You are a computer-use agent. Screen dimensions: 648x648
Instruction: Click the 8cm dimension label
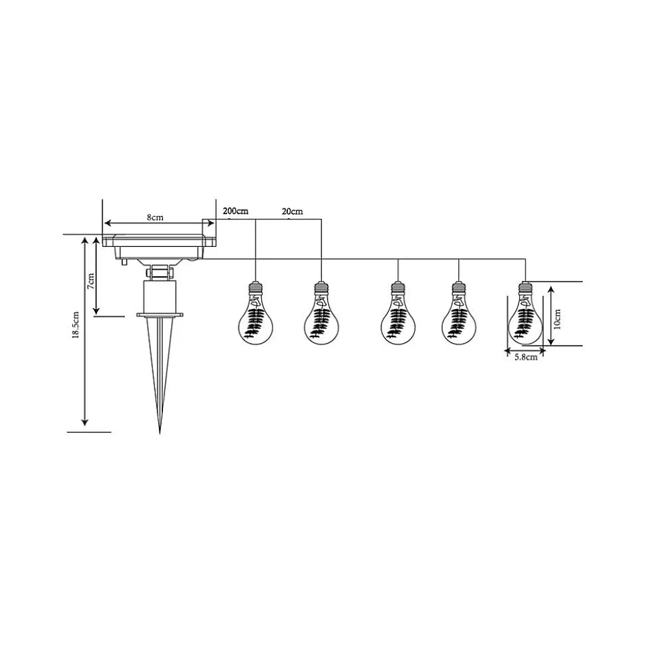pyautogui.click(x=155, y=218)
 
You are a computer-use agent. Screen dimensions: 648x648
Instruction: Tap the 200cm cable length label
pyautogui.click(x=235, y=211)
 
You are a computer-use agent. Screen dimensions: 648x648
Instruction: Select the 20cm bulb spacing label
pyautogui.click(x=292, y=212)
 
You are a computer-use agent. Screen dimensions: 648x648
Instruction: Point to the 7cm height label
pyautogui.click(x=92, y=281)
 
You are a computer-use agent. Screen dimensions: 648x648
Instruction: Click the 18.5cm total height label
pyautogui.click(x=75, y=325)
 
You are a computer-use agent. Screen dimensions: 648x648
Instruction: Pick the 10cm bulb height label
pyautogui.click(x=557, y=318)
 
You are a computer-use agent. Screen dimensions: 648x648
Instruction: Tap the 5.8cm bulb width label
pyautogui.click(x=526, y=357)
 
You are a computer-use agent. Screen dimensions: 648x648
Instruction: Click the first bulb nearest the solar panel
pyautogui.click(x=256, y=313)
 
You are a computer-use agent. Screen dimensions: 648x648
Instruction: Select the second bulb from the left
pyautogui.click(x=321, y=313)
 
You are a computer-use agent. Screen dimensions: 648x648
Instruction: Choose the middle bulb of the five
pyautogui.click(x=397, y=313)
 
